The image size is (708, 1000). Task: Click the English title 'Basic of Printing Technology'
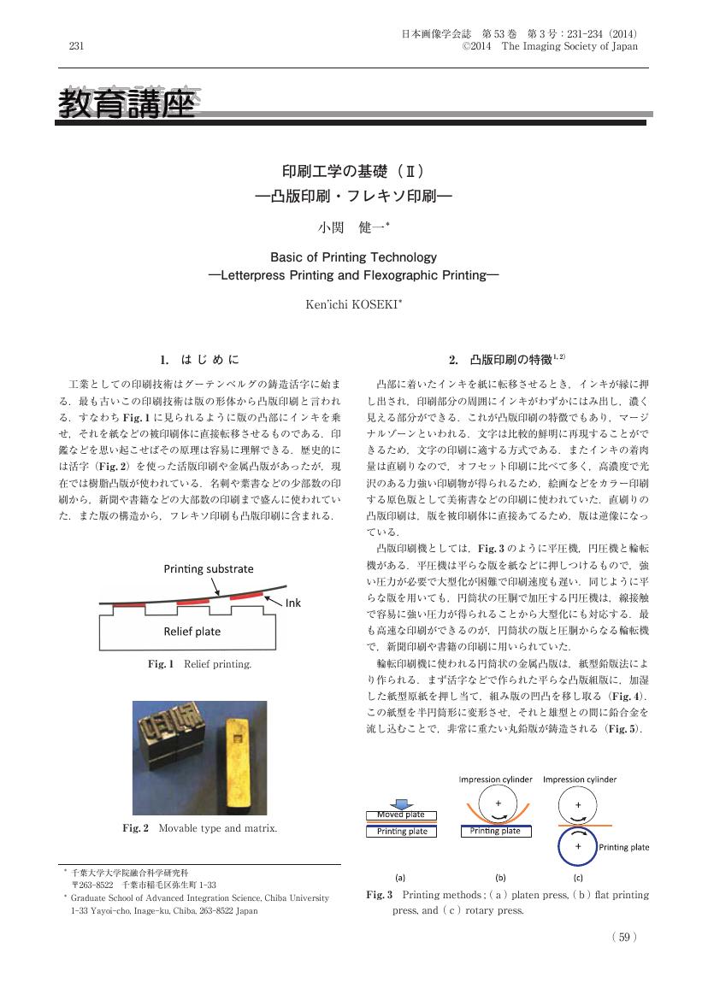click(353, 257)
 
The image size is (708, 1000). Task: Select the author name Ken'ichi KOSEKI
click(353, 304)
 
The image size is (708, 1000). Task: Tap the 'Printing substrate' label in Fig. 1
click(209, 568)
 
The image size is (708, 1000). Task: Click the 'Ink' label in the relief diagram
click(292, 603)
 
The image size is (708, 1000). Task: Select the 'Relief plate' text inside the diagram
click(192, 632)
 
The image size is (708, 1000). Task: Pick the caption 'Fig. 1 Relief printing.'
click(200, 663)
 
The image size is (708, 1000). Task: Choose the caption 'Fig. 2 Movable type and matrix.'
click(200, 828)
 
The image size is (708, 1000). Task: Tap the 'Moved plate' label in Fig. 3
click(401, 815)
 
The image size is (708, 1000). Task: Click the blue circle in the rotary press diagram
click(578, 844)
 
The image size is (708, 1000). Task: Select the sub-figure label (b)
click(501, 876)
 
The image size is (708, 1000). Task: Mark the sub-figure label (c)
click(578, 876)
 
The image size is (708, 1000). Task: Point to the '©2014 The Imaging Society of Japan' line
click(550, 47)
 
